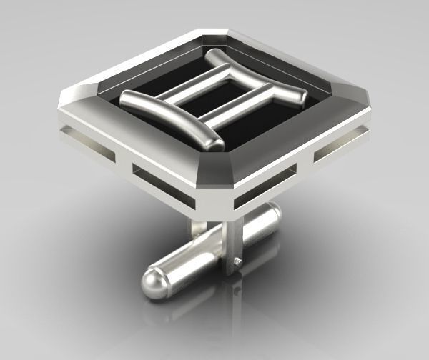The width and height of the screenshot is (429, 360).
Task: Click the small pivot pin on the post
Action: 237,264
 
